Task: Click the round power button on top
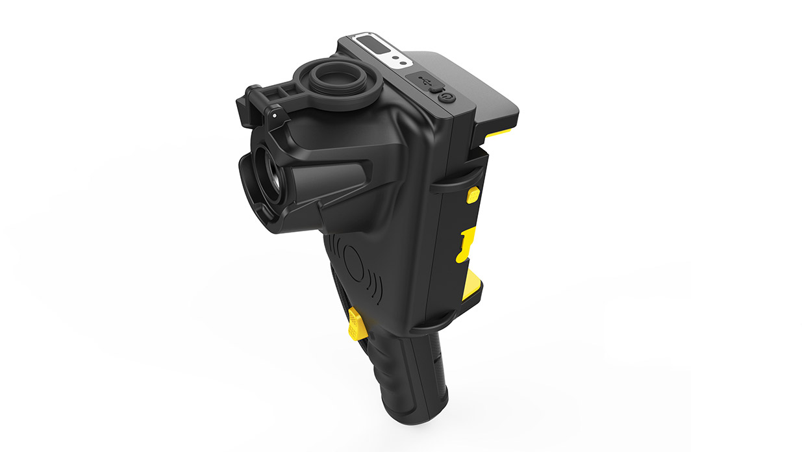447,97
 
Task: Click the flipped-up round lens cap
335,80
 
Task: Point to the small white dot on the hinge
275,114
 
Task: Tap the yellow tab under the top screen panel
499,132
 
